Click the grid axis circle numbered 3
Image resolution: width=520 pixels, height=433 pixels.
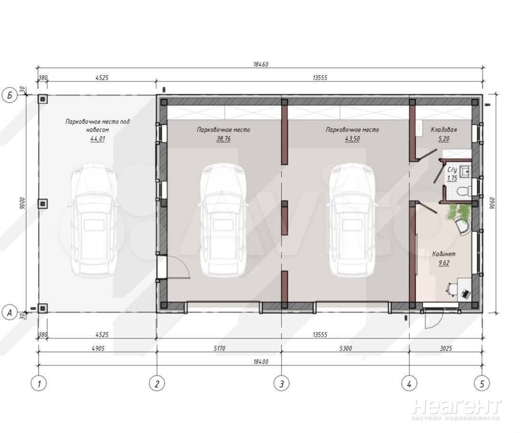(281, 384)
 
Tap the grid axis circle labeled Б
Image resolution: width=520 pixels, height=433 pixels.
(10, 96)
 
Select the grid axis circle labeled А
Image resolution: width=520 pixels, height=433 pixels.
(10, 313)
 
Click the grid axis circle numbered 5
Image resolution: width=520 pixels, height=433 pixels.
(482, 384)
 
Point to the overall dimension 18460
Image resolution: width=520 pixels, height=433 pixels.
(260, 64)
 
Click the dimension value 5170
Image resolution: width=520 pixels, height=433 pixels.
(219, 348)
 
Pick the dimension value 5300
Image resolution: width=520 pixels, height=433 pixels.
(346, 348)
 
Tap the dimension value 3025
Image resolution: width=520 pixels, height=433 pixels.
(445, 348)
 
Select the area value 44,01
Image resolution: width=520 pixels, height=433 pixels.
(97, 139)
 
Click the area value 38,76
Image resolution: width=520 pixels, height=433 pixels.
(223, 139)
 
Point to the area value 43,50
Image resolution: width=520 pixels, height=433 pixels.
(352, 139)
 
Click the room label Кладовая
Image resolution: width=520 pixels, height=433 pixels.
(444, 130)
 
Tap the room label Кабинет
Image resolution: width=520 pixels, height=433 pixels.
(444, 254)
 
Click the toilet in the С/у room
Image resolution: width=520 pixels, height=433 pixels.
(464, 191)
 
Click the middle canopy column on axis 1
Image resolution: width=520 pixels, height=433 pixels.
(42, 204)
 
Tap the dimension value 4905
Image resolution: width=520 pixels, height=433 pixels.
(98, 348)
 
